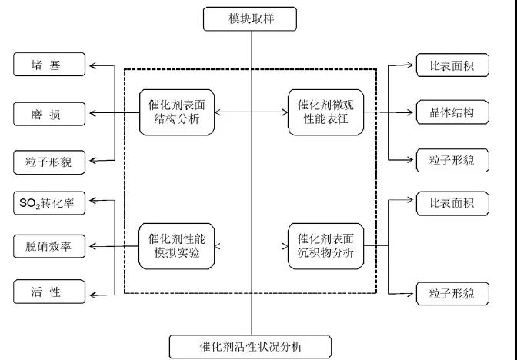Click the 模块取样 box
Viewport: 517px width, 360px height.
(250, 18)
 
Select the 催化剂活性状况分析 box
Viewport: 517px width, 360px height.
(251, 345)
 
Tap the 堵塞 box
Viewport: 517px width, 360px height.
(48, 65)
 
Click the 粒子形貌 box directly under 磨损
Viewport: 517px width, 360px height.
(48, 162)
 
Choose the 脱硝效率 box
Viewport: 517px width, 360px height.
(48, 247)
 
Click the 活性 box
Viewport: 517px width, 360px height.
(48, 292)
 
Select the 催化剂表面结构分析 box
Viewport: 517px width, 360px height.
(176, 113)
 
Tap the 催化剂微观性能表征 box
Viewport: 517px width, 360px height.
(325, 113)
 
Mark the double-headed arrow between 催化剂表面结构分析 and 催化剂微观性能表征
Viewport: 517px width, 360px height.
(251, 113)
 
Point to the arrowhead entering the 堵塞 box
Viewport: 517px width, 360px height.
(92, 66)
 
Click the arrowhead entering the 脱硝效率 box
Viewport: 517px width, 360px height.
(92, 247)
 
